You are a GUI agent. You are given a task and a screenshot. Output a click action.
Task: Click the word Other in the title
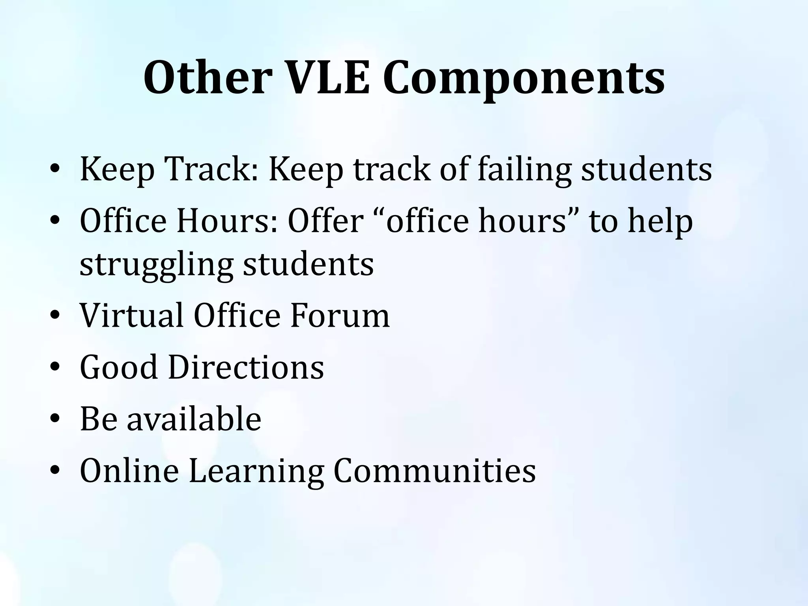206,78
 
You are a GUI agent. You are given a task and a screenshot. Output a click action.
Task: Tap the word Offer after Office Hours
325,221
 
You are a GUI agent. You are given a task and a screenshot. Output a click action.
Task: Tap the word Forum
340,315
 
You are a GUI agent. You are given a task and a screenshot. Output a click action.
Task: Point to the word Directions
246,367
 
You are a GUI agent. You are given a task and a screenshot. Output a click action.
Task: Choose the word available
194,419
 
